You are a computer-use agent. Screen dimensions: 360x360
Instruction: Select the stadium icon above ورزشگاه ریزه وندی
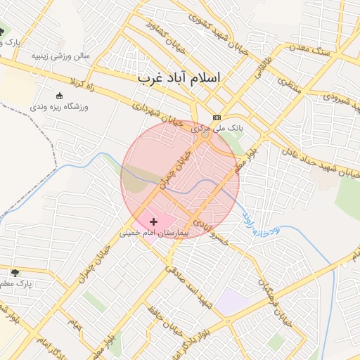point(58,96)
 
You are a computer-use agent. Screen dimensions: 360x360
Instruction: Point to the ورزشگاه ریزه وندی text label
point(58,108)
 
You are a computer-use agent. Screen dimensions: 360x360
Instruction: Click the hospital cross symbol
point(153,221)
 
